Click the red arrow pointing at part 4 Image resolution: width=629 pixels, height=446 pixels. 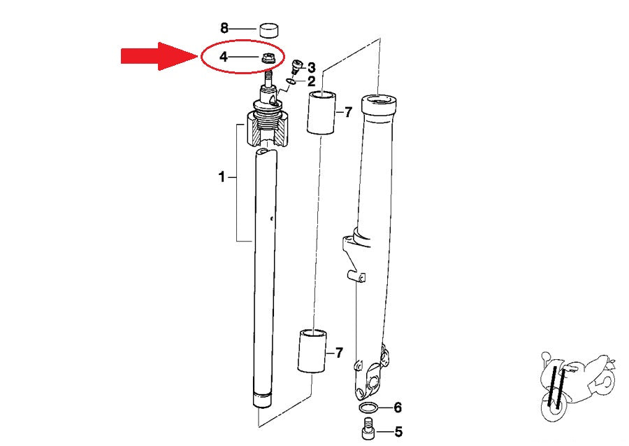point(159,56)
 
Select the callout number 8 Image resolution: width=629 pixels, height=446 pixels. point(224,28)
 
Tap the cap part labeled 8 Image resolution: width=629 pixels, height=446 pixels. point(269,30)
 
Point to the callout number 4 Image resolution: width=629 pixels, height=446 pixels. point(224,57)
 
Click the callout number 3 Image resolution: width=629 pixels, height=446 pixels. point(311,68)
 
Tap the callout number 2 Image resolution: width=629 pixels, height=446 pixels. point(311,81)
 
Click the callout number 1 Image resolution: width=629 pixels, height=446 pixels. point(222,177)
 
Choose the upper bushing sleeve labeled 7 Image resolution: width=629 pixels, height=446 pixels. point(321,113)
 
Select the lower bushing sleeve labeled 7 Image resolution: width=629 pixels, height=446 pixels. point(312,351)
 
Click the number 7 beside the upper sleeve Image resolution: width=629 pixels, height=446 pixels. point(348,112)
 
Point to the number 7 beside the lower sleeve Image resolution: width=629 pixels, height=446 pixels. point(339,353)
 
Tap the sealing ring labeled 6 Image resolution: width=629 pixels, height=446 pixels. point(368,408)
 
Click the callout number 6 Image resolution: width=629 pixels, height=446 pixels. point(398,407)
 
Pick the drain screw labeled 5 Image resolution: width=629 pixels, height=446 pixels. point(368,428)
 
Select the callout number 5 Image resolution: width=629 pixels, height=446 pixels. point(398,432)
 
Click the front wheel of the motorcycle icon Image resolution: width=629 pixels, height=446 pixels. point(555,404)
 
